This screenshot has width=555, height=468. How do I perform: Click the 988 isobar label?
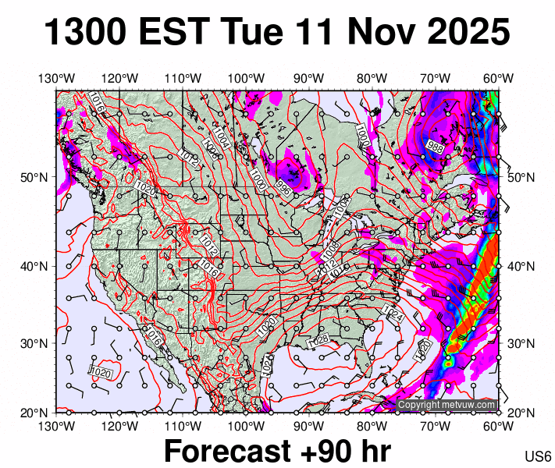(x=435, y=146)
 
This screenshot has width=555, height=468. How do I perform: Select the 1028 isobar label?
(x=318, y=341)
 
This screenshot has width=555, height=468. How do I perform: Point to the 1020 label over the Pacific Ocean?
(x=100, y=372)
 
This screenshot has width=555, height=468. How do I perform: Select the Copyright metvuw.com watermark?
(x=446, y=405)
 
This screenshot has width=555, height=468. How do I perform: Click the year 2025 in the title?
(x=468, y=33)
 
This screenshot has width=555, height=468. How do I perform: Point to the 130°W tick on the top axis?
(x=56, y=78)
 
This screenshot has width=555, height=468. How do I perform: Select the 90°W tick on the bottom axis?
(x=309, y=426)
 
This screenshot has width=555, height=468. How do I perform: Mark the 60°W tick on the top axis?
(x=498, y=78)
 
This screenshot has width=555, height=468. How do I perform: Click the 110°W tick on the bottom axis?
(x=183, y=426)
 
